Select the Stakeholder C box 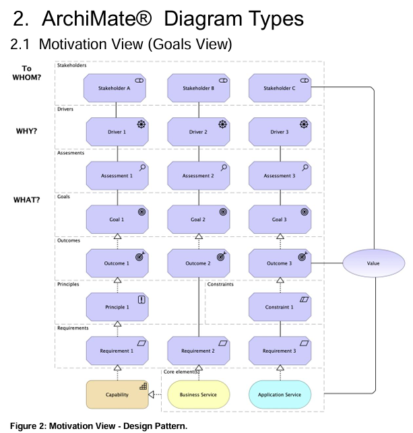pos(279,88)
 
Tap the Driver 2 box pos(198,132)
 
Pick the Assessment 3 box pos(279,176)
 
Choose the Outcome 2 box pos(198,263)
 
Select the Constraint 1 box pos(279,307)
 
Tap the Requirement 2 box pos(198,351)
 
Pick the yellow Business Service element pos(198,395)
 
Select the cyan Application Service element pos(279,395)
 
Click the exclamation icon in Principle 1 pos(141,300)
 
